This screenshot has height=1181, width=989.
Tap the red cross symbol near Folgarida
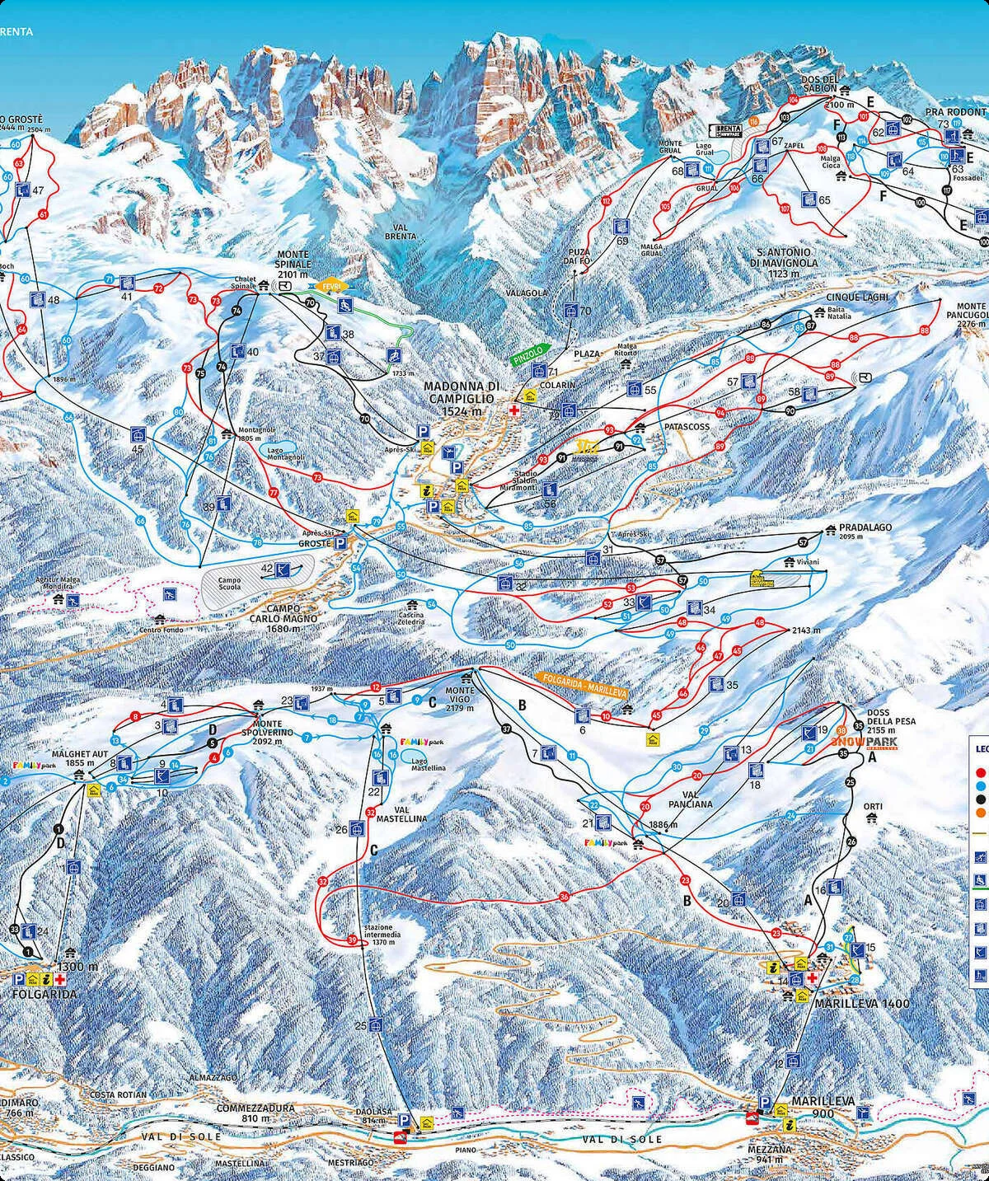pyautogui.click(x=60, y=979)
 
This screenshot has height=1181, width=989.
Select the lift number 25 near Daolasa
pyautogui.click(x=360, y=1025)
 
